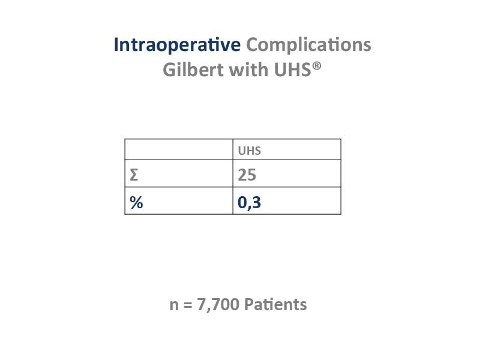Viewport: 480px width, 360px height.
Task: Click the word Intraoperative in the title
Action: click(177, 45)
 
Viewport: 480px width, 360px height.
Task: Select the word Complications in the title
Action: click(308, 45)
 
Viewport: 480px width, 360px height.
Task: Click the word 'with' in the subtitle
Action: click(248, 70)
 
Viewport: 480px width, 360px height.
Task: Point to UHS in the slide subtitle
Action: click(293, 70)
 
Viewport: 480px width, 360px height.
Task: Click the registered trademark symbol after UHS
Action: click(317, 65)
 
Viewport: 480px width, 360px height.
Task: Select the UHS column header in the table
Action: click(250, 151)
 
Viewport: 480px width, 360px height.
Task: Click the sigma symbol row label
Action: click(134, 175)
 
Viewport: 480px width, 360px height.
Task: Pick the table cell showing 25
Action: click(287, 173)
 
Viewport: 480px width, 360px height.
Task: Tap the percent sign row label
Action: click(136, 202)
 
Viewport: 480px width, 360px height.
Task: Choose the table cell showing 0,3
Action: click(287, 201)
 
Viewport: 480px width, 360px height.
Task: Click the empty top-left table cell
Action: click(179, 149)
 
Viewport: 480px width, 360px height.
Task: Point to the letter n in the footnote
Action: click(174, 306)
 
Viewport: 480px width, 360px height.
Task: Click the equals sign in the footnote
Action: click(188, 305)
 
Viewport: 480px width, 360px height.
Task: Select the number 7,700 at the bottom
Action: click(218, 305)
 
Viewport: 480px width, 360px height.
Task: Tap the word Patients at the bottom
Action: click(275, 305)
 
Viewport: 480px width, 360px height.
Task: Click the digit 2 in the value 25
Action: click(242, 175)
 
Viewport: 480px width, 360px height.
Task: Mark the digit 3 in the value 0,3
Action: click(257, 202)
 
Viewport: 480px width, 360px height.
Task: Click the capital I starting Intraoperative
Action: click(116, 44)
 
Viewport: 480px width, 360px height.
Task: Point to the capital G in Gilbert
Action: click(169, 70)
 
